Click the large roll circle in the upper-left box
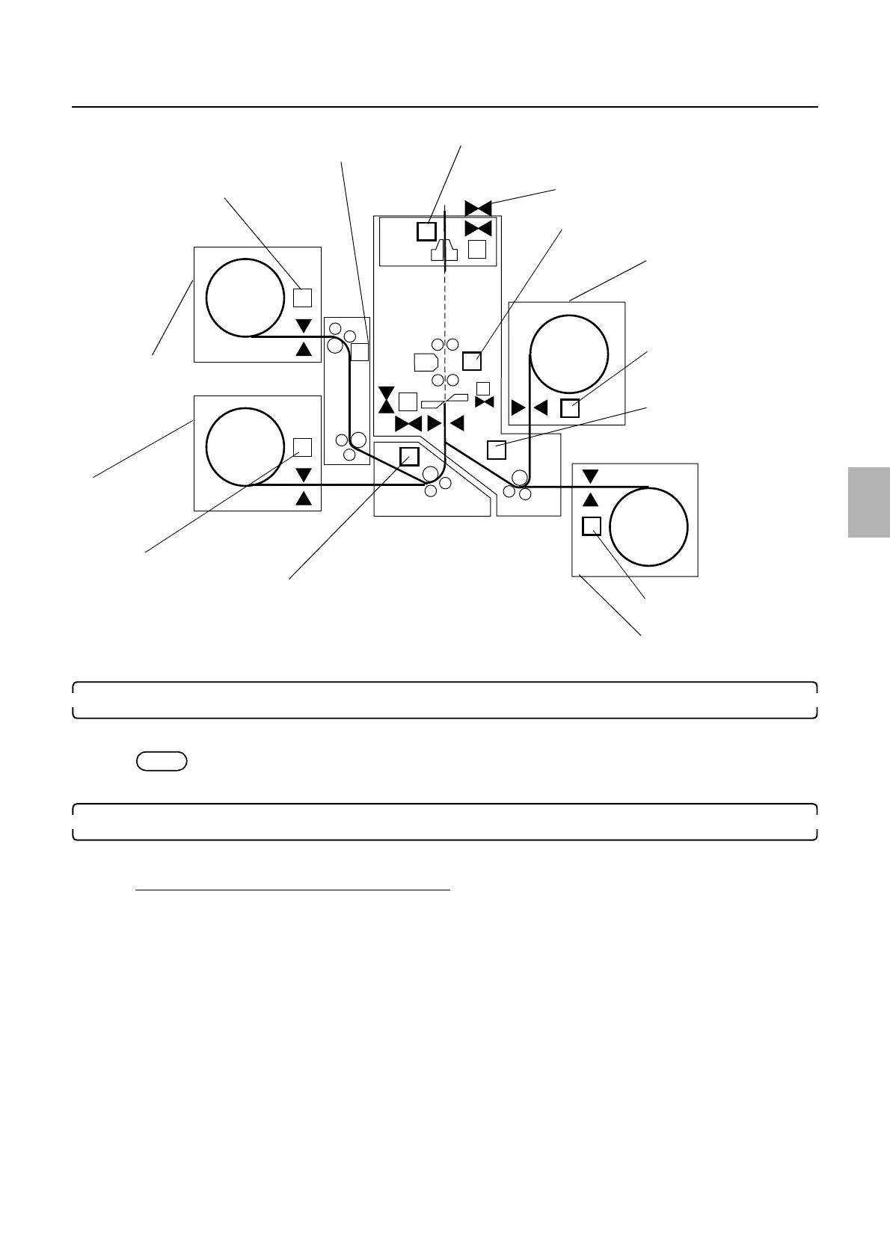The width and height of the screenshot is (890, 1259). coord(245,298)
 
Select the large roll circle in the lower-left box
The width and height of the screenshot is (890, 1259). coord(245,446)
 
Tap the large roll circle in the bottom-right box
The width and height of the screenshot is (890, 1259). coord(648,526)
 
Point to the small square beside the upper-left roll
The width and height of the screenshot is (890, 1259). coord(302,298)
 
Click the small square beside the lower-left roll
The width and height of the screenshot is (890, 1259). coord(302,447)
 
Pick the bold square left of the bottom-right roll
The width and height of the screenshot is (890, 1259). coord(592,526)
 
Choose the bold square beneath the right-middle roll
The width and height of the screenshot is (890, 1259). coord(570,408)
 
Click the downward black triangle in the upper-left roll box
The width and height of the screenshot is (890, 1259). coord(304,326)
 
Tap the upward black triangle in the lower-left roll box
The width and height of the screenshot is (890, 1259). coord(304,498)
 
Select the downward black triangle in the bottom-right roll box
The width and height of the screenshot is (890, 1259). coord(591,476)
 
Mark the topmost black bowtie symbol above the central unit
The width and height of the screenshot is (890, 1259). coord(478,208)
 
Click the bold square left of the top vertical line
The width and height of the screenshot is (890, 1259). coord(426,231)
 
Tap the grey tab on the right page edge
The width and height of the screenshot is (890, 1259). coord(869,502)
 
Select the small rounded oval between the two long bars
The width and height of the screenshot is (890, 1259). coord(162,761)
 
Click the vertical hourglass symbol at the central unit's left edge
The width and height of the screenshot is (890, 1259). coord(386,400)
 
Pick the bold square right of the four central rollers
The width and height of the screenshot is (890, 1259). coord(471,361)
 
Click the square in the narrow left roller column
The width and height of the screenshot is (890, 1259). coord(360,351)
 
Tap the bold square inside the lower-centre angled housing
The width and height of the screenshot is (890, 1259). coord(409,456)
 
